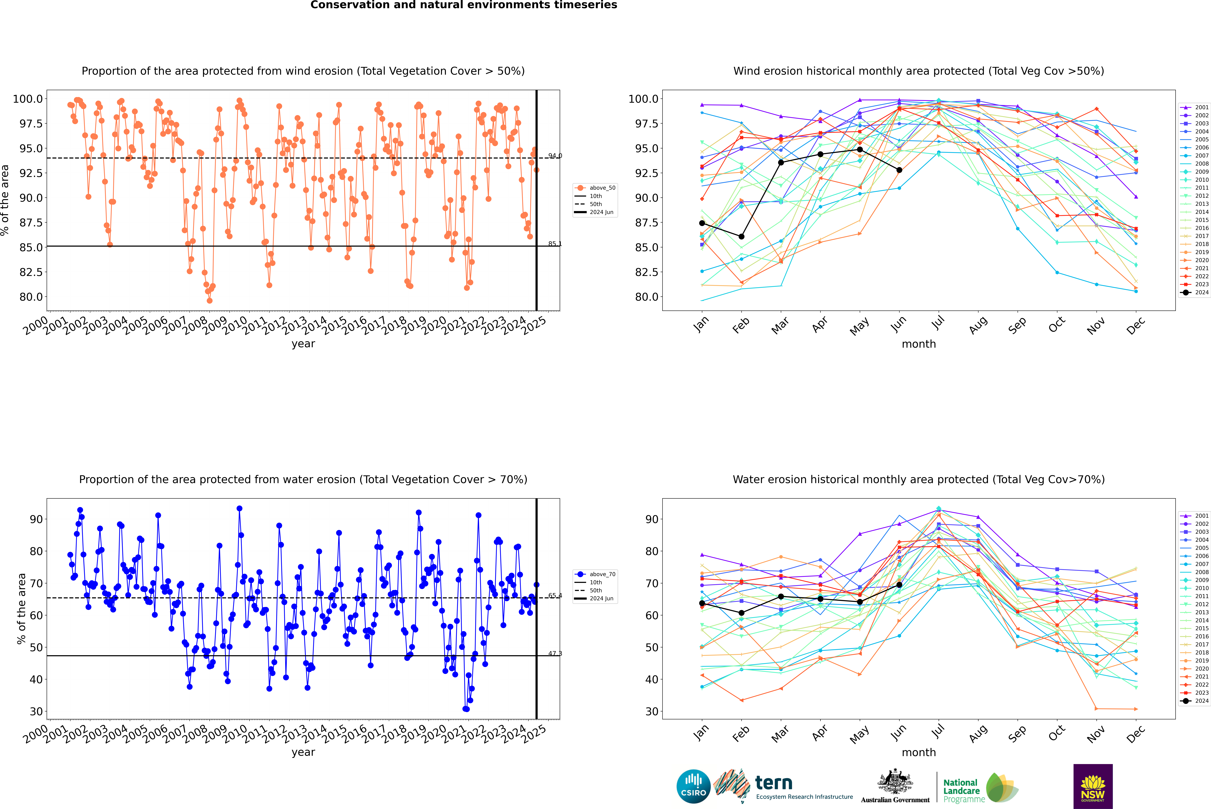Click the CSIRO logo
(x=693, y=786)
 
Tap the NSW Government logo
(x=1093, y=786)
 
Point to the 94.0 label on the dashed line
(x=555, y=156)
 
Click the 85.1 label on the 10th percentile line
(x=555, y=244)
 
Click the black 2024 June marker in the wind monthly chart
(x=899, y=170)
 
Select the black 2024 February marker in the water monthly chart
(x=741, y=613)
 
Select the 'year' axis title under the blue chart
(x=303, y=752)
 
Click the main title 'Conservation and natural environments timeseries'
(x=463, y=5)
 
